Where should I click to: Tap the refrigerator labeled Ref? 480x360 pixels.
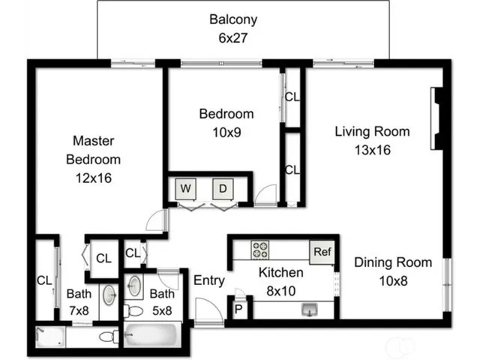coord(321,251)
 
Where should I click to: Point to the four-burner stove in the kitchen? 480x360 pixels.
coord(261,250)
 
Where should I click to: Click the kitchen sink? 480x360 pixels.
coord(309,309)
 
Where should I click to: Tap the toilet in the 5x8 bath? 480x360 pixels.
coord(133,310)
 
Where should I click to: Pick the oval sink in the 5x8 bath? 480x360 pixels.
coord(135,286)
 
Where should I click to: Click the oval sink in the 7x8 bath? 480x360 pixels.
coord(109,293)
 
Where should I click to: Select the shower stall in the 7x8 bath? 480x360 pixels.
coord(50,337)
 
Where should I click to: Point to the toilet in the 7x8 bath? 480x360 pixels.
coord(107,337)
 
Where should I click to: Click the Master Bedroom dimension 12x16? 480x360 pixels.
coord(93,178)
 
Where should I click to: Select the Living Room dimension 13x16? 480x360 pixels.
coord(372,149)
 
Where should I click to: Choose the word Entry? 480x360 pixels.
coord(208,280)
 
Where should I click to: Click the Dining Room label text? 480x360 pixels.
coord(392,262)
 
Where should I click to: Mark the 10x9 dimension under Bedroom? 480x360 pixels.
coord(225,131)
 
